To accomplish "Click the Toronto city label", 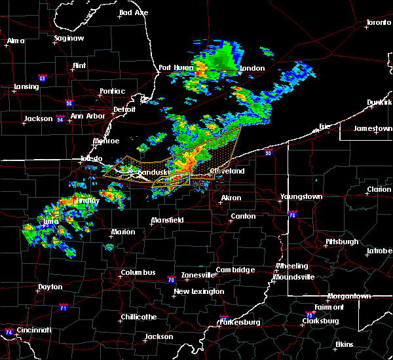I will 378,23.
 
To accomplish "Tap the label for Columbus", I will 138,272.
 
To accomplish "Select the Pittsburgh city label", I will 341,242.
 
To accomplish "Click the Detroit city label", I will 124,109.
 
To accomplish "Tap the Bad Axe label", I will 134,12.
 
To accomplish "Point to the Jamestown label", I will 373,128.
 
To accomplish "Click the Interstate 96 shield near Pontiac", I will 69,103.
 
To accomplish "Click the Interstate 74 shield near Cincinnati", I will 9,332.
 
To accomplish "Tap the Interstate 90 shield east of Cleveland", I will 269,153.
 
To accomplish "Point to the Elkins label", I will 344,344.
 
